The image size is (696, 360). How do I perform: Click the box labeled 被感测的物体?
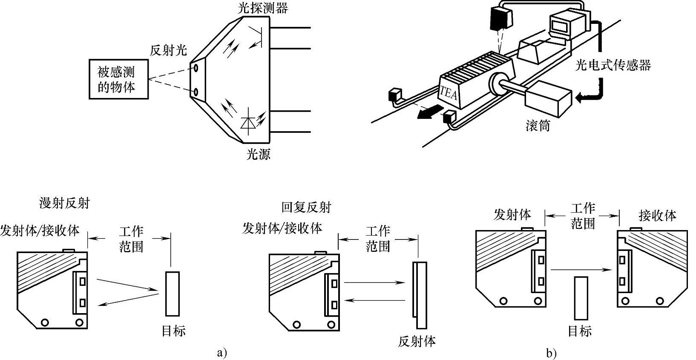click(119, 79)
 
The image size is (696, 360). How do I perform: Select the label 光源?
click(259, 154)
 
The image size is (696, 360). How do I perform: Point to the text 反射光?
click(168, 50)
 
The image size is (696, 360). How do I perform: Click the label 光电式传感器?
click(613, 65)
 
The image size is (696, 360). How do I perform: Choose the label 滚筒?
click(538, 126)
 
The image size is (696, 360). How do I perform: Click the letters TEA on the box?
click(449, 92)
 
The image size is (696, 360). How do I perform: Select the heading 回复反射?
click(306, 207)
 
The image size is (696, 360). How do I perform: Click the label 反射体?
click(417, 341)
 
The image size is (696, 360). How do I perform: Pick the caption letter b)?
click(552, 354)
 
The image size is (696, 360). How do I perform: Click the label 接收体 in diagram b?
click(658, 216)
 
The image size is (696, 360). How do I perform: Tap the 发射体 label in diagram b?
click(512, 214)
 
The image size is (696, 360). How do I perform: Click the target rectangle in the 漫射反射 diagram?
click(173, 294)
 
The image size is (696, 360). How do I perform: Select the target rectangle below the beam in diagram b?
click(581, 298)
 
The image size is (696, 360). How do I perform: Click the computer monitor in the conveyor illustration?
click(562, 26)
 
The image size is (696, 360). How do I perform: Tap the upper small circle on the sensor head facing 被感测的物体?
click(196, 67)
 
